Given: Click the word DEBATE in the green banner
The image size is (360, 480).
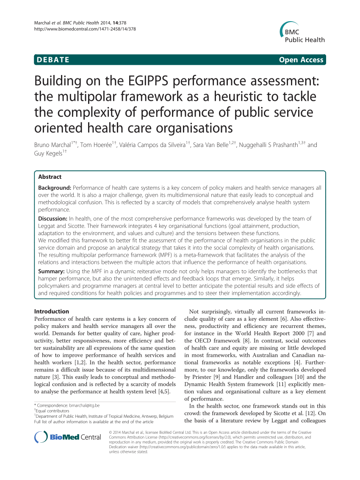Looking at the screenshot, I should click(x=53, y=60).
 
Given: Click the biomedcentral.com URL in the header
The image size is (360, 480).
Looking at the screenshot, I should click(x=85, y=29).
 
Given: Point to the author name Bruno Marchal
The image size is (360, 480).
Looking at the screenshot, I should click(x=53, y=145).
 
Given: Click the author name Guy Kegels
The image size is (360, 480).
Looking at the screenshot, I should click(x=48, y=153).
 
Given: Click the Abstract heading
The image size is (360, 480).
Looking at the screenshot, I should click(x=50, y=177).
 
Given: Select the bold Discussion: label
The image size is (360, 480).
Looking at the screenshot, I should click(x=53, y=219).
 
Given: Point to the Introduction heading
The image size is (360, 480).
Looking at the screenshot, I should click(x=51, y=311).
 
